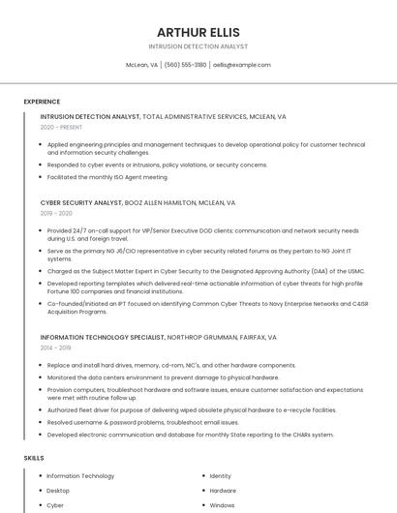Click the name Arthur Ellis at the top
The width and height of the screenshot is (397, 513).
198,31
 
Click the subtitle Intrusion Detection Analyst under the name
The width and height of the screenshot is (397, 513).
198,46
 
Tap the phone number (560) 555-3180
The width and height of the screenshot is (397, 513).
185,65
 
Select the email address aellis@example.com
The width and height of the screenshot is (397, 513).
242,65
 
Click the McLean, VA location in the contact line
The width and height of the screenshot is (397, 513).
141,65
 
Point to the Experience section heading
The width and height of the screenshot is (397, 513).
42,102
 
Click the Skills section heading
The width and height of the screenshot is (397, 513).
34,457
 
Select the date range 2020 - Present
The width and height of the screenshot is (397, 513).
61,127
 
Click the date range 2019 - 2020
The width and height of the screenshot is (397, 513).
56,213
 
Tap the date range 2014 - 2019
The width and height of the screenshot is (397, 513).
56,347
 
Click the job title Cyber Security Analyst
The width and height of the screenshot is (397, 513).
81,203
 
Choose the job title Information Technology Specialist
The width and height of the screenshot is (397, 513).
102,338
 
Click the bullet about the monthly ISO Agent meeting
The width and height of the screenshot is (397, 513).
107,177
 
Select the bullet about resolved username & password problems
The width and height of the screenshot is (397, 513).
142,422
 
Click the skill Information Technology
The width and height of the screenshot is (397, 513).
80,476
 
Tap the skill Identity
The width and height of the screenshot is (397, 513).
220,476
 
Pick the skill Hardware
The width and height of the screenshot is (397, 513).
223,491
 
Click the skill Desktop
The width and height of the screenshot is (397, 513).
58,491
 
